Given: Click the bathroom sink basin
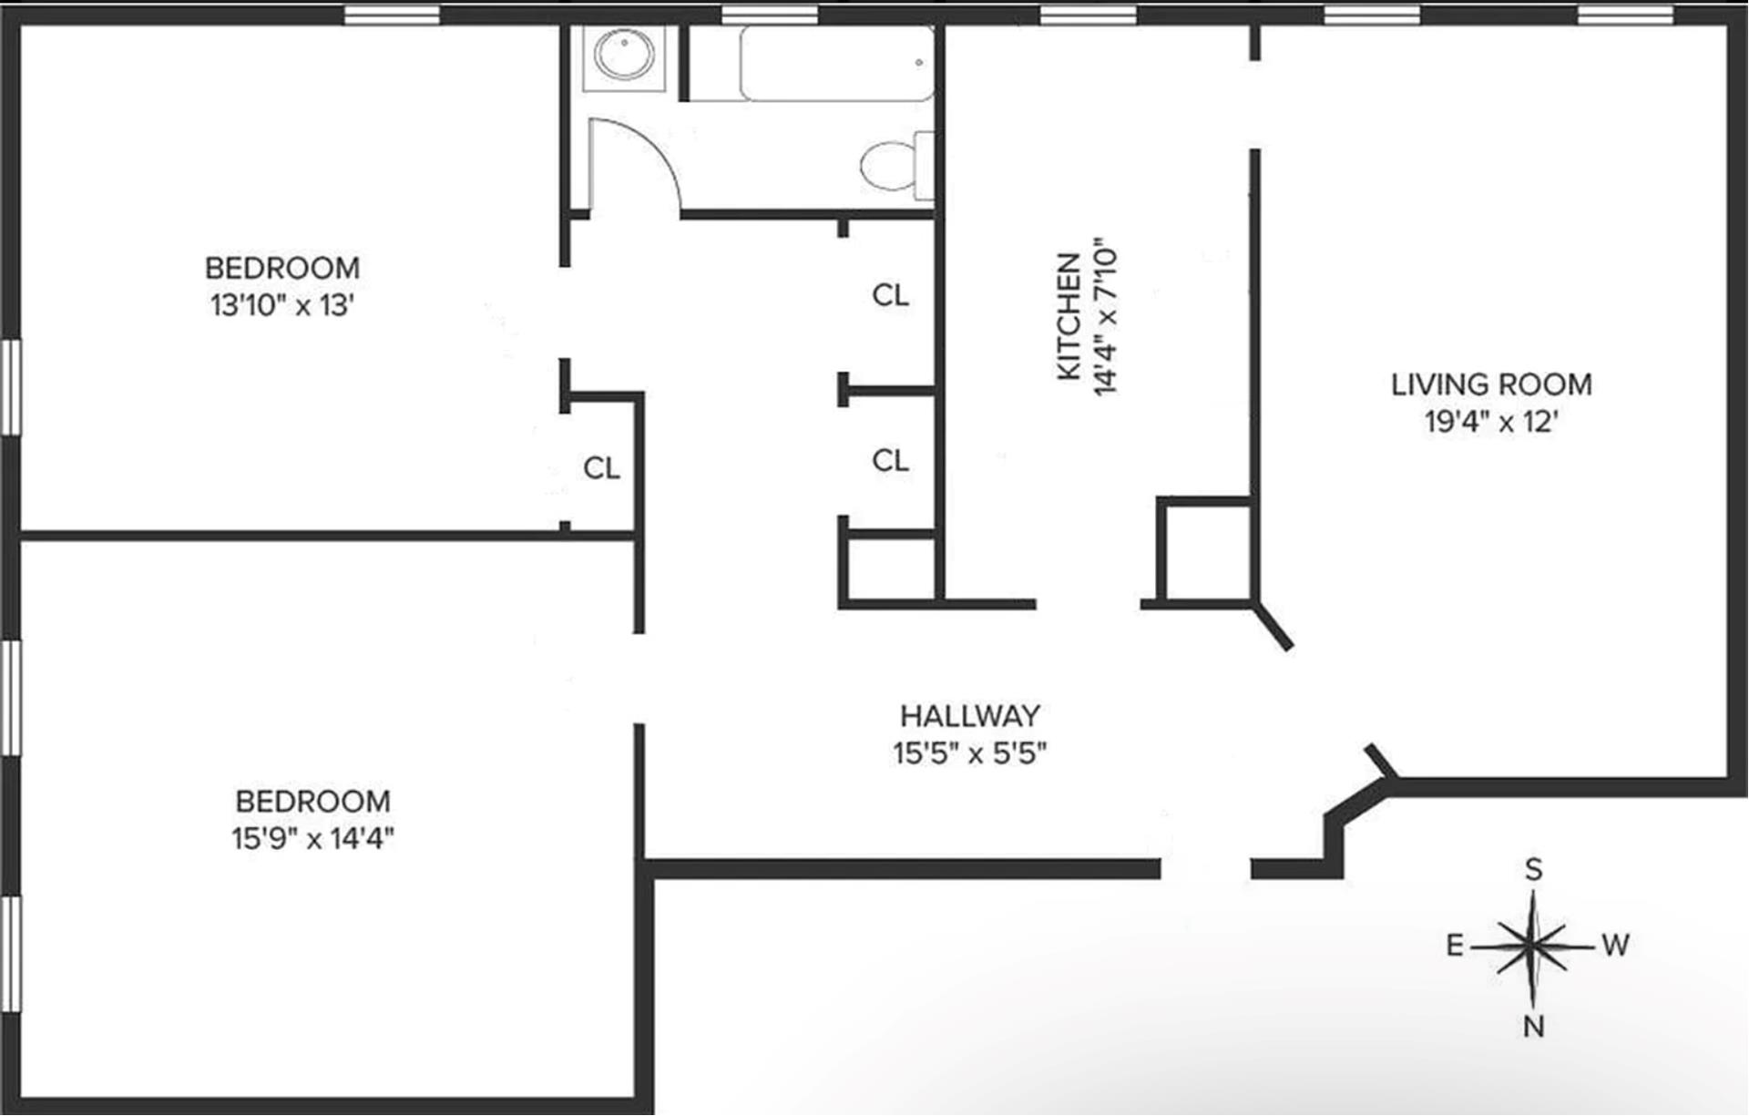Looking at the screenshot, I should coord(624,54).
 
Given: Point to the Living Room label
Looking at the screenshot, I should coord(1491,384).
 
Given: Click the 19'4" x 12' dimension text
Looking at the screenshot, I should coord(1491,422).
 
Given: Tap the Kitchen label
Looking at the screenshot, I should coord(1069,316).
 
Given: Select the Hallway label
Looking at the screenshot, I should coord(969,716).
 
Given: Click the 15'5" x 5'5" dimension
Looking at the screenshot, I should coord(969,753).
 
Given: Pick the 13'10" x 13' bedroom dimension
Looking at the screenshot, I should coord(281,305).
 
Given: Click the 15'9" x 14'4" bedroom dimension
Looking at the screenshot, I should coord(312,838).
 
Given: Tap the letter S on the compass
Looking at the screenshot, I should coord(1534,870).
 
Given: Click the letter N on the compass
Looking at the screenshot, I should coord(1534,1027).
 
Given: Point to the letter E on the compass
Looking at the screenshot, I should coord(1455,947).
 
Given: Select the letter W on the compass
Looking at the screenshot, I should coord(1615,946).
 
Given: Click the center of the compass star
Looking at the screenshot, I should coord(1534,947).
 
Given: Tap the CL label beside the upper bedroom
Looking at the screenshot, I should coord(601,468).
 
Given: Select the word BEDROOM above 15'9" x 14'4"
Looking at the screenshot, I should coord(312,802).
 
